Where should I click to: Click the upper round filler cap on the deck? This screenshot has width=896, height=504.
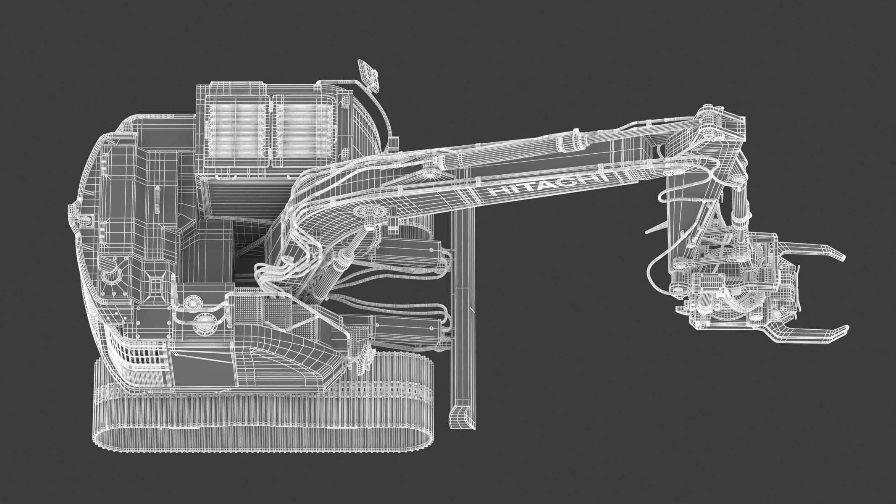pyautogui.click(x=194, y=302)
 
